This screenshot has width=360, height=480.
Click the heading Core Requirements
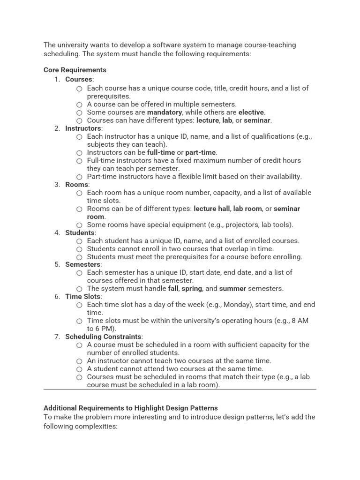coord(75,70)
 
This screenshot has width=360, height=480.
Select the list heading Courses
coord(78,79)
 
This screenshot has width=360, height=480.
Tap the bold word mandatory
coord(164,112)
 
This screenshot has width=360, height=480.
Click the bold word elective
coord(251,112)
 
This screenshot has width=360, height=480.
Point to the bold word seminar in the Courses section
coord(257,120)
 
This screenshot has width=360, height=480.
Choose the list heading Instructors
coord(83,128)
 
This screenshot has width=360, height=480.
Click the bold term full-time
coord(160,152)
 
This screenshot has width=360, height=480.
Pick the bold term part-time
coord(201,152)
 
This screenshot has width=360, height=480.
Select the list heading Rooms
coord(76,185)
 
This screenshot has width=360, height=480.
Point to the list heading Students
coord(80,233)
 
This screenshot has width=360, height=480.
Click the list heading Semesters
coord(83,264)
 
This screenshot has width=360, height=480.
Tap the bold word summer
coord(232,289)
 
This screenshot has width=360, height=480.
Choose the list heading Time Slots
coord(83,297)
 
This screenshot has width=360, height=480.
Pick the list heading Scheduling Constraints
coord(103,337)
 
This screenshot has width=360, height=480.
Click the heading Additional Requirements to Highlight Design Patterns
coord(131,408)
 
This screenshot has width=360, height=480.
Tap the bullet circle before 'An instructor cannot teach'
coord(79,361)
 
